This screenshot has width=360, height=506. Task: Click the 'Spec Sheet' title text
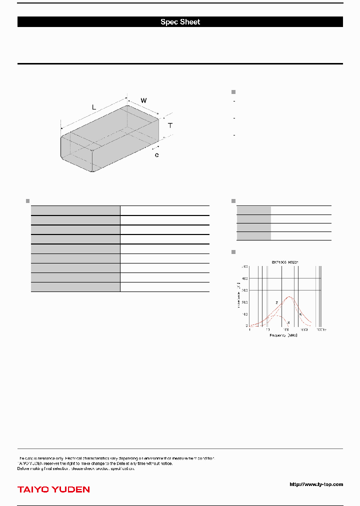[x=180, y=22]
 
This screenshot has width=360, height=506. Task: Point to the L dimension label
[x=94, y=107]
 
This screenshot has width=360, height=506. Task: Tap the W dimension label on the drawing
[x=143, y=100]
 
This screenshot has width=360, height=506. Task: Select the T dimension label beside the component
[x=170, y=125]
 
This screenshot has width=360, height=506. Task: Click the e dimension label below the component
[x=156, y=155]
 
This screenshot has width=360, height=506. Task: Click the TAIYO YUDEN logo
[x=53, y=489]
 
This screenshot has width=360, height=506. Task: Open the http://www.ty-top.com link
[x=316, y=484]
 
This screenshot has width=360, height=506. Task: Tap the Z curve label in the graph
[x=276, y=303]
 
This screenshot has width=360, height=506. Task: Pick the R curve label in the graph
[x=300, y=314]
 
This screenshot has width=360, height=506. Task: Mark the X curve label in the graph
[x=288, y=323]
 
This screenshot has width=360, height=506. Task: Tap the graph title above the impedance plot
[x=285, y=261]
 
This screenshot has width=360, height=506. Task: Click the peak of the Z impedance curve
[x=289, y=296]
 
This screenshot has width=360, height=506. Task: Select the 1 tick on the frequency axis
[x=249, y=330]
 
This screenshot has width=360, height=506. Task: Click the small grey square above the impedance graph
[x=233, y=251]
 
